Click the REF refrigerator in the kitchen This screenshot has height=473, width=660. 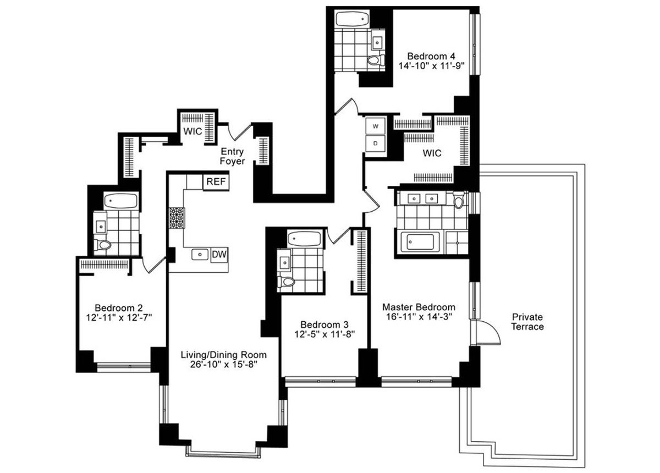[x=216, y=182]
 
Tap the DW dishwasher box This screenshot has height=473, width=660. [x=219, y=254]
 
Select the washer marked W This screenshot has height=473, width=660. [x=375, y=126]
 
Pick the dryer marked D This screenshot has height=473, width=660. [x=375, y=144]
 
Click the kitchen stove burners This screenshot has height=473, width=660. [x=177, y=218]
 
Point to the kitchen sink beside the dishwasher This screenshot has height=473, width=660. [x=200, y=254]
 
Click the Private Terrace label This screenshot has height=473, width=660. [x=527, y=322]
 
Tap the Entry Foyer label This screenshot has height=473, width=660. [x=232, y=156]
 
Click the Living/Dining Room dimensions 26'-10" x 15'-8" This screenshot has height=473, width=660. [x=224, y=365]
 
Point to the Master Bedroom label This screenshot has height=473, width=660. [x=419, y=307]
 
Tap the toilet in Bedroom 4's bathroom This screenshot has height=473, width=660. [x=376, y=61]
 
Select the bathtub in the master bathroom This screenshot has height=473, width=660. [x=420, y=242]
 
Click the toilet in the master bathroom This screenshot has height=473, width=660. [x=459, y=200]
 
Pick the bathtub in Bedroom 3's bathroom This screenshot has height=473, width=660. [x=304, y=238]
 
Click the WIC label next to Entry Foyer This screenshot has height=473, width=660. [x=193, y=131]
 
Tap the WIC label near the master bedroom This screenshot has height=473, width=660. [x=432, y=153]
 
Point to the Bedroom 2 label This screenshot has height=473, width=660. [x=119, y=308]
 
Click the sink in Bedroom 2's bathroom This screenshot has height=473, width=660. [x=101, y=227]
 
